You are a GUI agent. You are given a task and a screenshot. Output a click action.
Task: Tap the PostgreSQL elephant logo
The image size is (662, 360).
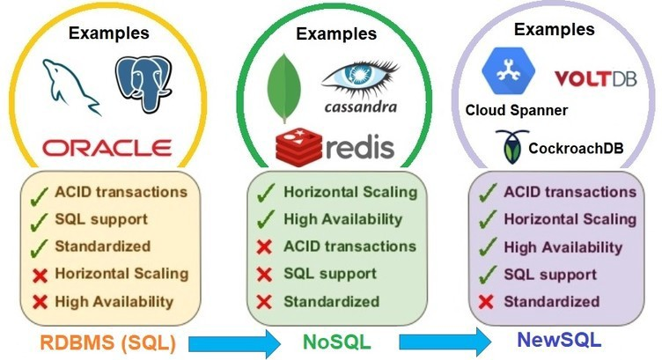[143, 84]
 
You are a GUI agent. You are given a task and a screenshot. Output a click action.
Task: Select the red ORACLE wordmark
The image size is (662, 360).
[107, 146]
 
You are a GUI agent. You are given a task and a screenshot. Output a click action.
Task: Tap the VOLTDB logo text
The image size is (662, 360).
[594, 80]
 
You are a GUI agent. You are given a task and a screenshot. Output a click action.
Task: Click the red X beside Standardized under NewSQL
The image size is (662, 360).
[483, 302]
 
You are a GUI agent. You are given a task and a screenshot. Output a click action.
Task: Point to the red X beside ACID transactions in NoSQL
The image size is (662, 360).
[263, 247]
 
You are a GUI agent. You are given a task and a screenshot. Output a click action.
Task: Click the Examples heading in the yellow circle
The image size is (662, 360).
[108, 33]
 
